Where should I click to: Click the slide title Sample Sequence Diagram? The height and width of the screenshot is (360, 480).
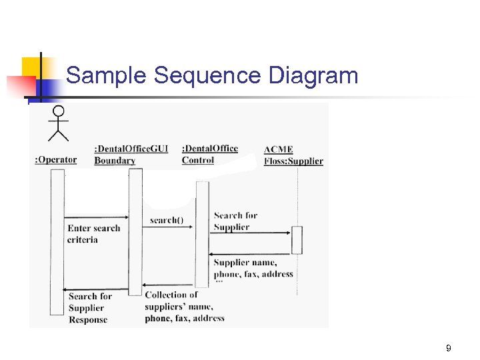(212, 76)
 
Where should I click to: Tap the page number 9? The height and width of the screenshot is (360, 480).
(449, 348)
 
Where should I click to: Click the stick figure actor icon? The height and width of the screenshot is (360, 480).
(59, 123)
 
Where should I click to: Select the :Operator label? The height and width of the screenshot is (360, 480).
(55, 160)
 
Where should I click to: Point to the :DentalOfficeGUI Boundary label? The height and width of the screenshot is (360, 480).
(131, 155)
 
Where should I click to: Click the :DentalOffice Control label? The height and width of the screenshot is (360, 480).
(209, 154)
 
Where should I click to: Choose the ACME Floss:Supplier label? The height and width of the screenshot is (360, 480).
(293, 155)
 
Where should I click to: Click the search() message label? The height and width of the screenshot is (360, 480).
(167, 220)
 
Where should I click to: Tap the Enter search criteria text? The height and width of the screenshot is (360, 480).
(93, 233)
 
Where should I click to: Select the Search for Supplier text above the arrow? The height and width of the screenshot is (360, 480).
(235, 221)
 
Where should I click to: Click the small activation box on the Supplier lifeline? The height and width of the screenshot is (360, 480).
(297, 240)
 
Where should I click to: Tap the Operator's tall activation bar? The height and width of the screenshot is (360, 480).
(57, 240)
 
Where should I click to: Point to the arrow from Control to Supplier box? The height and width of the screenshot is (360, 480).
(250, 233)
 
